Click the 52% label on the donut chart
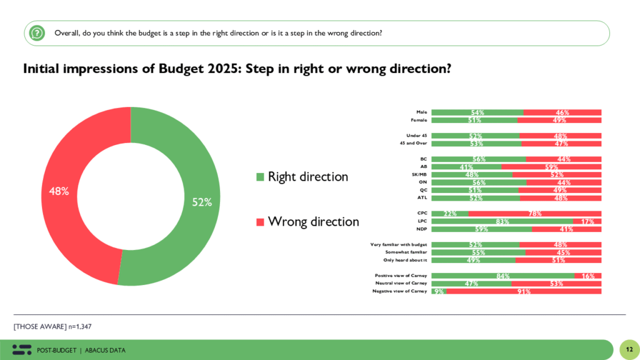(x=202, y=202)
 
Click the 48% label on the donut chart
(x=59, y=191)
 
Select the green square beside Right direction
(x=260, y=177)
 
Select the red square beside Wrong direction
(x=260, y=222)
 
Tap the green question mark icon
(x=37, y=33)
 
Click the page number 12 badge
(x=628, y=349)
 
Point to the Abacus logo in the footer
(x=22, y=350)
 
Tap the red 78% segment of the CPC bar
(x=534, y=214)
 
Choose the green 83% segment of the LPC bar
(x=502, y=221)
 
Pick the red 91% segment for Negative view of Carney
(x=524, y=291)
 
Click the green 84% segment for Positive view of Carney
(x=502, y=276)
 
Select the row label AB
(x=423, y=167)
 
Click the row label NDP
(x=422, y=229)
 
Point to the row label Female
(x=419, y=120)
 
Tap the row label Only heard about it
(x=405, y=260)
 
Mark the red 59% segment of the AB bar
(x=551, y=167)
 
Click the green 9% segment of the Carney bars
(x=438, y=291)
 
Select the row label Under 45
(x=416, y=136)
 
